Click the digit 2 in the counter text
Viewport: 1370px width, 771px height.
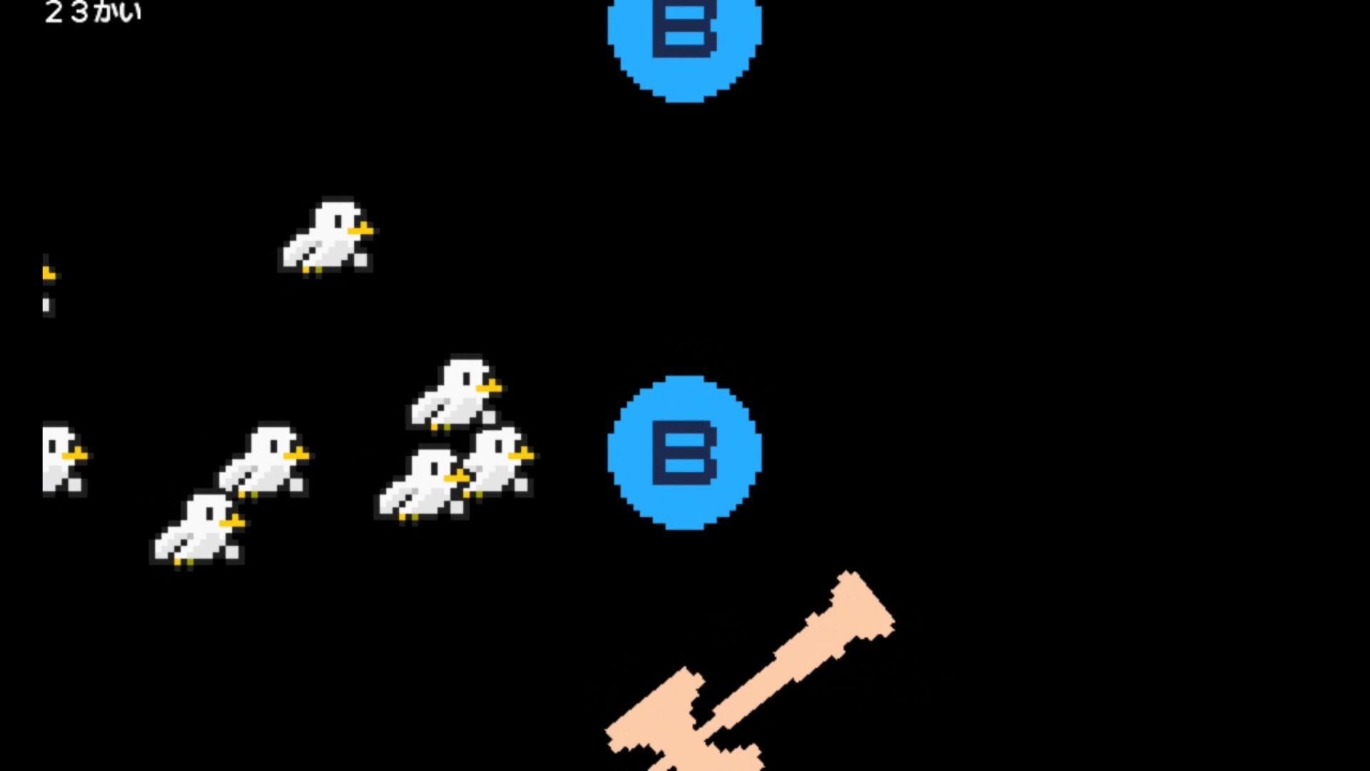(x=54, y=12)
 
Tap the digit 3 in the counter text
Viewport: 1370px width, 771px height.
(x=80, y=12)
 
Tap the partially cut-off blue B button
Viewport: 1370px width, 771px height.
(x=684, y=43)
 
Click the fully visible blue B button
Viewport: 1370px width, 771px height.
(x=684, y=453)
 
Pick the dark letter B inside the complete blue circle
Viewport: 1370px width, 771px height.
(x=684, y=453)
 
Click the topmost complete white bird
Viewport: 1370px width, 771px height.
(x=327, y=236)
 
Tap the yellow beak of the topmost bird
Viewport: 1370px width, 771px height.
(x=361, y=229)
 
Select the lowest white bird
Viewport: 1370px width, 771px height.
(x=198, y=529)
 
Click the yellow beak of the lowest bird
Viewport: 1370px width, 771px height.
(x=233, y=523)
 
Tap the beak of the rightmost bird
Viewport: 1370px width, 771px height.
(x=522, y=454)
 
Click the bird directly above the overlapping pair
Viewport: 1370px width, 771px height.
(x=455, y=393)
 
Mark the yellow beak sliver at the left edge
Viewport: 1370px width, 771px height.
(x=49, y=273)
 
